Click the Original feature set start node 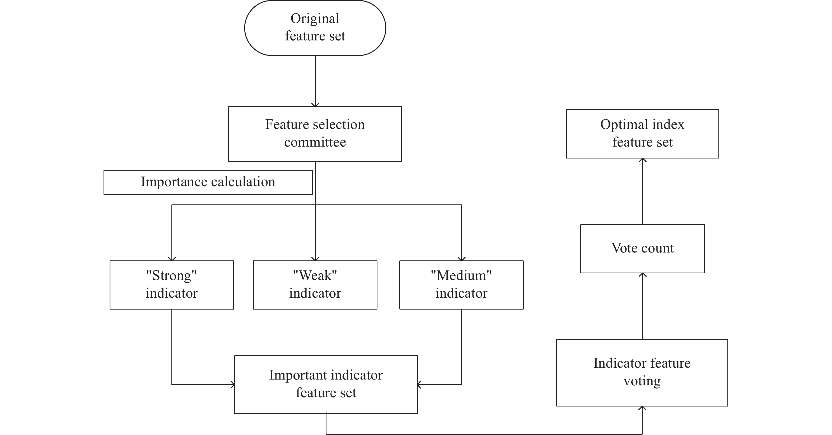coord(315,28)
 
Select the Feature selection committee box coord(315,134)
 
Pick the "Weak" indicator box coord(315,285)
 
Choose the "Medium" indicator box coord(461,285)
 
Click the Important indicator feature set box coord(326,384)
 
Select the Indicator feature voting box coord(642,372)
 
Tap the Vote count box coord(642,249)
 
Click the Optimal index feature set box coord(642,134)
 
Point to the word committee coord(315,142)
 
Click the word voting coord(642,381)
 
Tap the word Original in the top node coord(315,19)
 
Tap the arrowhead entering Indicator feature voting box coord(642,409)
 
